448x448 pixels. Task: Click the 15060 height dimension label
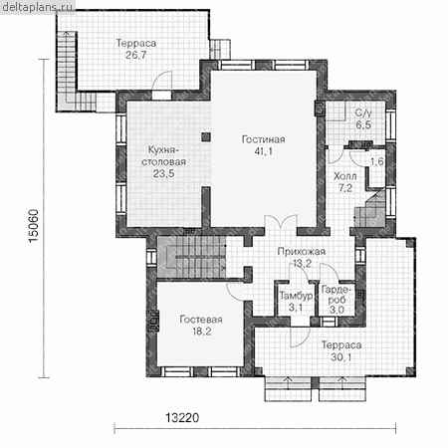point(34,226)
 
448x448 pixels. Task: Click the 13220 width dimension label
point(182,417)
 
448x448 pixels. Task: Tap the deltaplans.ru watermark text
point(37,7)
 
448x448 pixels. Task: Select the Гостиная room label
point(263,139)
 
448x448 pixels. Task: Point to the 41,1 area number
point(264,151)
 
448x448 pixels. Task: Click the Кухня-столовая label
point(163,156)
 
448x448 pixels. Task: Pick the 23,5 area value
point(163,173)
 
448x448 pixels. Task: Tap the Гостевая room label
point(201,320)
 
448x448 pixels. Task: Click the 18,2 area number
point(202,332)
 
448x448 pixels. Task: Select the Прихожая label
point(302,252)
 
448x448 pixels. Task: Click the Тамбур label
point(296,296)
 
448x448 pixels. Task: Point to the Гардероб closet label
point(336,295)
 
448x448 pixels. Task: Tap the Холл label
point(345,176)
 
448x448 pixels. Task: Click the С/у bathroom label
point(363,113)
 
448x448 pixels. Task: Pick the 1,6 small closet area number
point(377,161)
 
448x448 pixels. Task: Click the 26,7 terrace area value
point(136,55)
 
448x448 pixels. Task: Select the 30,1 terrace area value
point(341,357)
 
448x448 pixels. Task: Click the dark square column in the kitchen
point(206,137)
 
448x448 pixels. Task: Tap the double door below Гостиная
point(281,222)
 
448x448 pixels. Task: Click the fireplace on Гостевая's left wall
point(154,321)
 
